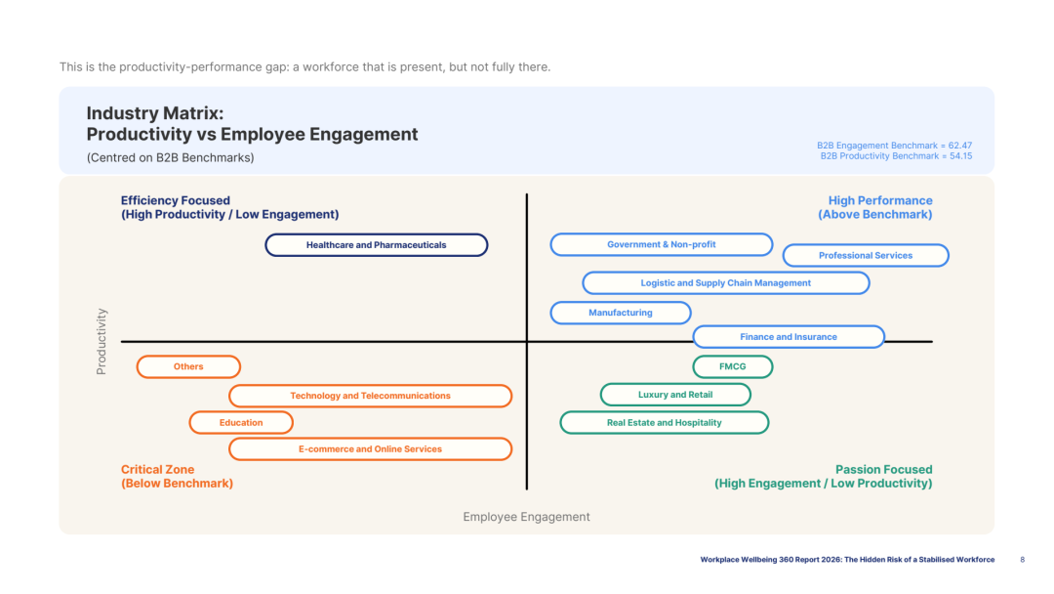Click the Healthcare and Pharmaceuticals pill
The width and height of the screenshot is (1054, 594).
point(377,245)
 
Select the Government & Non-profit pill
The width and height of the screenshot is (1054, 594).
point(662,245)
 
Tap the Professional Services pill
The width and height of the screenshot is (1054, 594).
point(866,256)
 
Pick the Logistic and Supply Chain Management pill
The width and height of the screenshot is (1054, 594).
point(726,283)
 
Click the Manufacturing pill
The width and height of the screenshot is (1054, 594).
point(621,313)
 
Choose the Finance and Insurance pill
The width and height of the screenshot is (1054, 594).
point(789,337)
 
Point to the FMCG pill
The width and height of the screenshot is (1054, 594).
point(733,366)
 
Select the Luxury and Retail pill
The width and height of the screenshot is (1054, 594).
point(675,395)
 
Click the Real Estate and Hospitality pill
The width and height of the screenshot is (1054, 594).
point(665,422)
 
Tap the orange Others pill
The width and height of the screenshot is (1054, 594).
point(188,366)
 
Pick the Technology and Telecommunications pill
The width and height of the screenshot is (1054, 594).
point(371,396)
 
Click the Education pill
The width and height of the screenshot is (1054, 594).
point(241,422)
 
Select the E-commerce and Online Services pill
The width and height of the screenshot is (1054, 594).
point(371,449)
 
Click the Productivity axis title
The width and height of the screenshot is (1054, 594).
point(101,342)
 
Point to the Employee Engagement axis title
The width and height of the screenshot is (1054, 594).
point(526,517)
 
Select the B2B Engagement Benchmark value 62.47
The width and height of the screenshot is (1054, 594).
point(960,146)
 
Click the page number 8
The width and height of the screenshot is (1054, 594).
point(1023,560)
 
